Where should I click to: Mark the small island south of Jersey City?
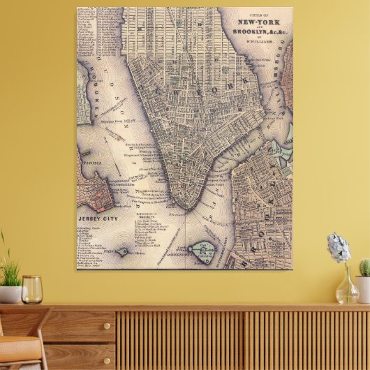[122, 251]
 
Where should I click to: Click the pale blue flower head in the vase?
[339, 248]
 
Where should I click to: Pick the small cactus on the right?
[364, 267]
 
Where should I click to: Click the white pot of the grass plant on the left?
[10, 294]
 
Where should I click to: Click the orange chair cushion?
[17, 348]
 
